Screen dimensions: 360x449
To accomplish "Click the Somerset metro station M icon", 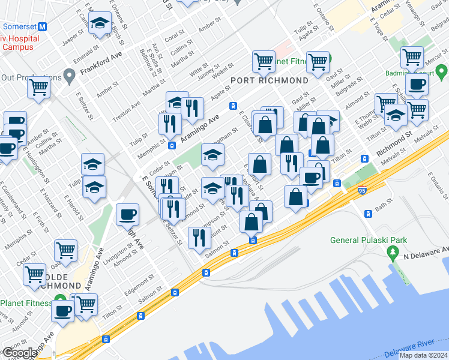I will point(42,27).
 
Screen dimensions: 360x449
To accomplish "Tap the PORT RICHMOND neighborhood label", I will point(270,80).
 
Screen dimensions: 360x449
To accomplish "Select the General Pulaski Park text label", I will point(369,241).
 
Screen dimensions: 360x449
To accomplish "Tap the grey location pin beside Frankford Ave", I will point(69,77).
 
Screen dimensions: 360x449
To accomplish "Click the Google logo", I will point(19,353).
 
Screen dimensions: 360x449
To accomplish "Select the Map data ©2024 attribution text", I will point(423,355).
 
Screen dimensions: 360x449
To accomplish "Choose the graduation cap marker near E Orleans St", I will point(100,23).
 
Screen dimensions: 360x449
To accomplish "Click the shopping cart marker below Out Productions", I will point(39,87).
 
